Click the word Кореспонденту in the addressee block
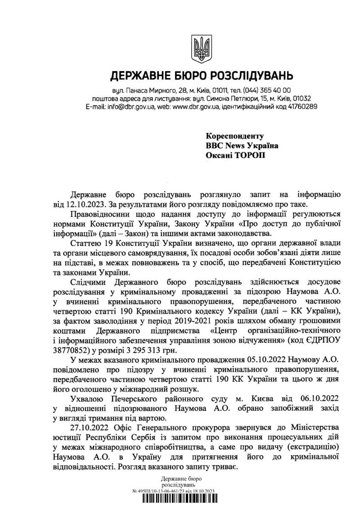pos(234,136)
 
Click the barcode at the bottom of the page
pos(180,501)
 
